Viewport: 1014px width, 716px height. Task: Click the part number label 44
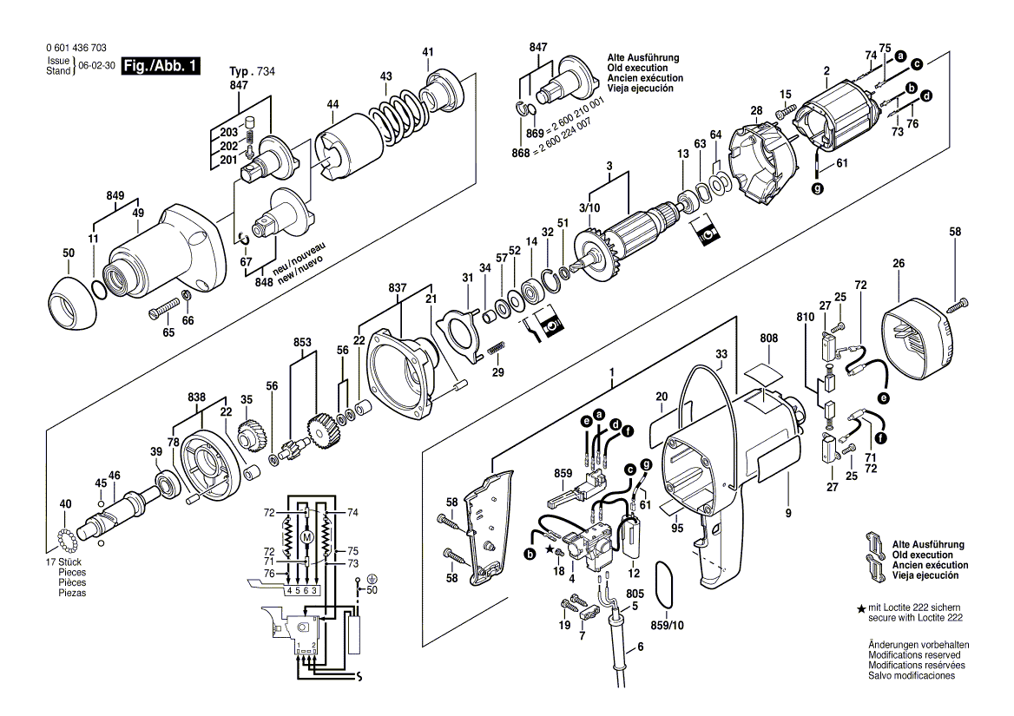point(333,105)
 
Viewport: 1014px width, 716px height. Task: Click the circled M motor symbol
point(306,538)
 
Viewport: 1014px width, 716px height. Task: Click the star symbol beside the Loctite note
point(861,609)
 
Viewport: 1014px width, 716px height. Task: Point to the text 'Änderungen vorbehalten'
point(919,645)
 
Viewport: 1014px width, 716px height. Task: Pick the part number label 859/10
point(668,625)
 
